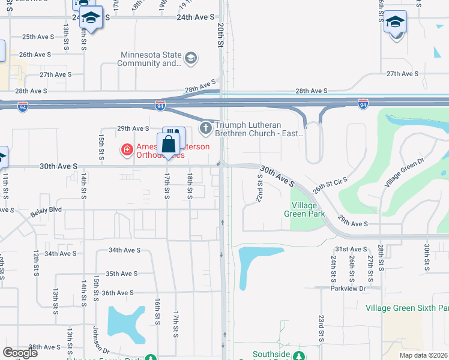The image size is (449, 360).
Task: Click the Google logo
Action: (20, 353)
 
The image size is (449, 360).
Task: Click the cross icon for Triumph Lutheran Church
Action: (206, 127)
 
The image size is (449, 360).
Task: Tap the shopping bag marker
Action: (169, 145)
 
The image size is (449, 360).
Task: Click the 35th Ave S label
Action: (121, 274)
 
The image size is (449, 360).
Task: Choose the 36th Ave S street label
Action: (117, 293)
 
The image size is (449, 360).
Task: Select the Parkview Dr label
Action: (348, 289)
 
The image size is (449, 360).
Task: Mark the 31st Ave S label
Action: (351, 249)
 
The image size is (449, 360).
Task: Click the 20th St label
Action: (221, 34)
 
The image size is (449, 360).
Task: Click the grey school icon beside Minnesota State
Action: (191, 58)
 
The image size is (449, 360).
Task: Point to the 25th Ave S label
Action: (37, 37)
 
